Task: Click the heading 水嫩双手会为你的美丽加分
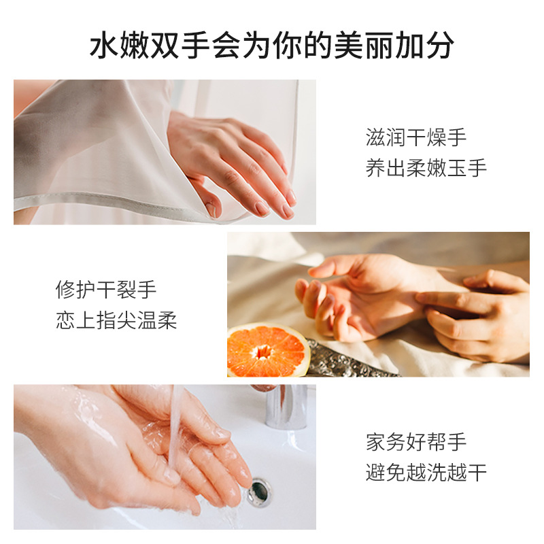[271, 46]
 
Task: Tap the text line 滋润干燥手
[416, 138]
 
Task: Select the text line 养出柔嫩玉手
[426, 168]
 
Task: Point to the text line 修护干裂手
[106, 290]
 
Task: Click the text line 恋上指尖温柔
[116, 320]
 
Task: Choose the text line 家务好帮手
[416, 442]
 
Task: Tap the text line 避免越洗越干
[426, 472]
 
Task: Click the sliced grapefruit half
[268, 350]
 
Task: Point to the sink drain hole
[259, 492]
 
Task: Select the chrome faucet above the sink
[285, 406]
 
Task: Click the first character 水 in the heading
[103, 46]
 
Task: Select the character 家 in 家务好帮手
[376, 442]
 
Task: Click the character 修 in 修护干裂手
[65, 290]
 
